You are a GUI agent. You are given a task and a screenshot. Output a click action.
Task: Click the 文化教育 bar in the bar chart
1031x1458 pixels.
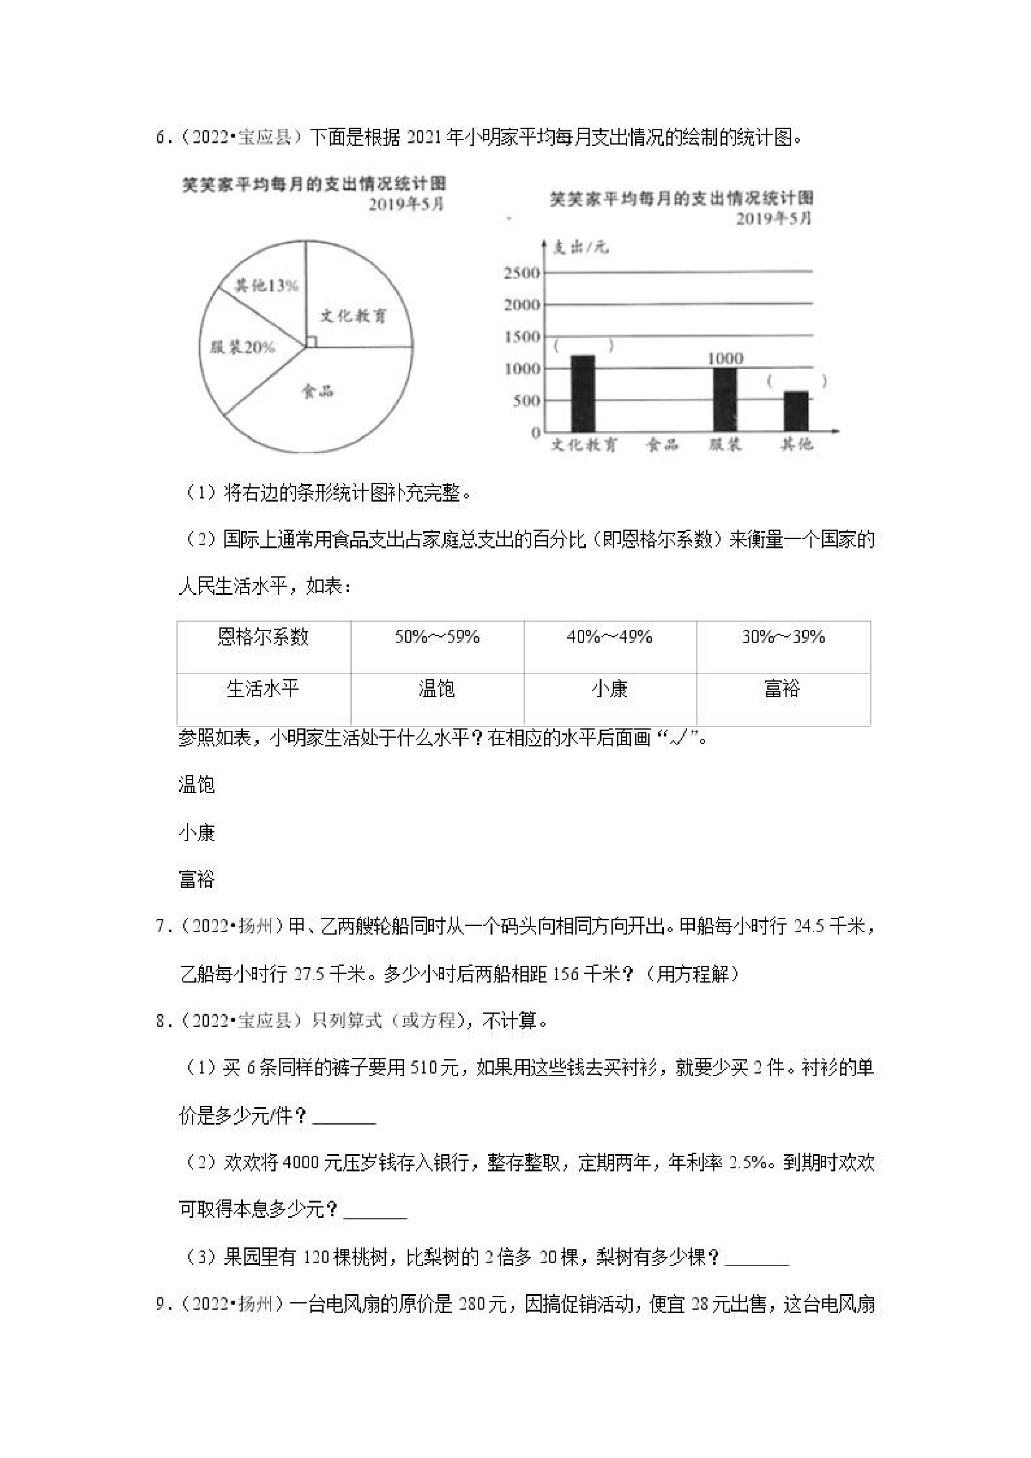583,394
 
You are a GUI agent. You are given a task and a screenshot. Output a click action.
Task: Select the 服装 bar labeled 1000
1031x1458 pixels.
725,400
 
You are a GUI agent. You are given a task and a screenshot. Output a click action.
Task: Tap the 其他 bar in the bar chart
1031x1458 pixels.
795,411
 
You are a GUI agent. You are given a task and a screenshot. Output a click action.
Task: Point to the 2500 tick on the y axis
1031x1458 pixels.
522,273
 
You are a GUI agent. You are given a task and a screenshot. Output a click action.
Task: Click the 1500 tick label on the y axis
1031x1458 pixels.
522,336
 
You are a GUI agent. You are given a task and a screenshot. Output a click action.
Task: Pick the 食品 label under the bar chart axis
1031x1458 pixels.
661,444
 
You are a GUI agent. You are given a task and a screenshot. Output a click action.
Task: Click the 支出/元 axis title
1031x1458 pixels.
580,247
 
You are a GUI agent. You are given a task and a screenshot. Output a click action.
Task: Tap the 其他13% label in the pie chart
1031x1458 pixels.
266,285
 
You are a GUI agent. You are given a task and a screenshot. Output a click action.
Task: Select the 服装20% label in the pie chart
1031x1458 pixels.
242,347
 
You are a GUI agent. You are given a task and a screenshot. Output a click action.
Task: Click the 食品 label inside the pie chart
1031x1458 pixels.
317,391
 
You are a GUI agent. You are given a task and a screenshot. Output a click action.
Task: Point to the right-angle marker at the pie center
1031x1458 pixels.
310,341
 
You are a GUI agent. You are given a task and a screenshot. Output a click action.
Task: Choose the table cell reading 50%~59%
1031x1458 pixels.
437,637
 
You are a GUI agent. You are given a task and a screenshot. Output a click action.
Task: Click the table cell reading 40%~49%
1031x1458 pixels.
610,637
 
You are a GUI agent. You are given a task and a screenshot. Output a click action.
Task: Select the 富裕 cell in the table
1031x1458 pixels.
782,689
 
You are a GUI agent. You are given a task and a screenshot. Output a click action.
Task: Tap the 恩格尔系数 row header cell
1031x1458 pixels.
263,637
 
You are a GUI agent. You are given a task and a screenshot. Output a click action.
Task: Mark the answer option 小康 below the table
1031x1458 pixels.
197,832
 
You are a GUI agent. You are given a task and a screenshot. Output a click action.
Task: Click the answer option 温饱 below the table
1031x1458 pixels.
197,786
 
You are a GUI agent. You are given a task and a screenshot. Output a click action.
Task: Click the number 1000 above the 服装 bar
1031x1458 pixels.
725,359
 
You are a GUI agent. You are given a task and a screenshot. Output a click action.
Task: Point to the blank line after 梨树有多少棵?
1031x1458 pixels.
757,1259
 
